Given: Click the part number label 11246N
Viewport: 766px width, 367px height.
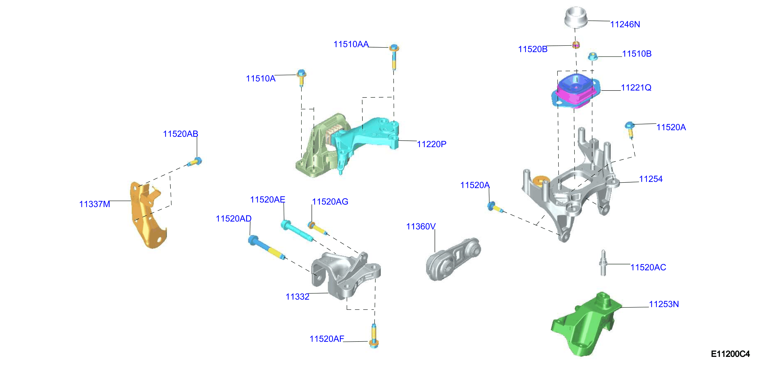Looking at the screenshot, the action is tap(625, 24).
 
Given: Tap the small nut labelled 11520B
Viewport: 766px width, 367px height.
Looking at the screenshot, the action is tap(576, 45).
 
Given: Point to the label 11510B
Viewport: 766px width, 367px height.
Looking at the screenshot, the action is tap(637, 54).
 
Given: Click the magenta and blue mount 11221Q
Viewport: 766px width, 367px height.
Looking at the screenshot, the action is tap(575, 91).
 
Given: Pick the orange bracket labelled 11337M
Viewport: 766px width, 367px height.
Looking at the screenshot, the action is tap(147, 214).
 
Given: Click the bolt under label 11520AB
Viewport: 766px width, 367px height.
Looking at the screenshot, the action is tap(195, 162).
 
